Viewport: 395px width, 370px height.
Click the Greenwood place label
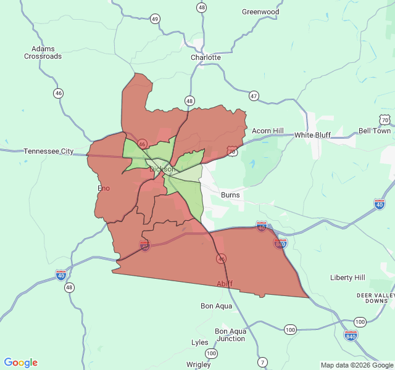(260, 12)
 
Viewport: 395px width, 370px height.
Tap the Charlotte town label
(206, 57)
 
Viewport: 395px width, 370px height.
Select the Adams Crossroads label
(43, 52)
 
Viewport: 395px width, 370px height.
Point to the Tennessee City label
(49, 151)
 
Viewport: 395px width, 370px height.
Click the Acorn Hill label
(267, 131)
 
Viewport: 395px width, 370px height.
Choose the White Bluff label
(312, 135)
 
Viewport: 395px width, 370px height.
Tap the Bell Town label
(375, 131)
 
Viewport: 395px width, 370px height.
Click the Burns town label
(230, 195)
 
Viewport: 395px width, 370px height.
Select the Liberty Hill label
(347, 277)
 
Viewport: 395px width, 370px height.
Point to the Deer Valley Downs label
(375, 298)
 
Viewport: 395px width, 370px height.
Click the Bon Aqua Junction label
(230, 335)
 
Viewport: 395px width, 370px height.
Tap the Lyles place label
(200, 342)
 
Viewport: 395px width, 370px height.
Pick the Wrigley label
(198, 364)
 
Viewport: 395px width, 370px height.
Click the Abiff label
(225, 284)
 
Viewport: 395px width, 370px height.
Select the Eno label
(104, 188)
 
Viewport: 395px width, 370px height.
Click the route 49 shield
(154, 19)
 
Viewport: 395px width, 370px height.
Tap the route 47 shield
(254, 96)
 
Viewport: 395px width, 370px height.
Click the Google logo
(20, 363)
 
